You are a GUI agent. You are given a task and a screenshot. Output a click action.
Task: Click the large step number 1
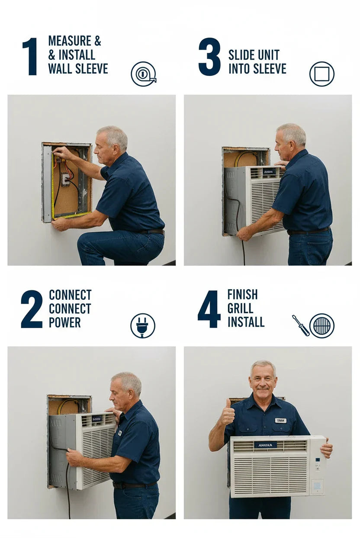(x=30, y=57)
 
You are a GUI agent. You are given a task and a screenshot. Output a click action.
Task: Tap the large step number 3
(x=209, y=57)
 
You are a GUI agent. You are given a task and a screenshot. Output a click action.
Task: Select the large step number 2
(x=32, y=309)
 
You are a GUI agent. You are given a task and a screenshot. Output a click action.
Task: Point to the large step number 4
(x=209, y=309)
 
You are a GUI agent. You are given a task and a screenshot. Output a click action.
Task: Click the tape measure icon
(x=143, y=74)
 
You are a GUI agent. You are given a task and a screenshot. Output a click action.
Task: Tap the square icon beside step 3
(x=321, y=74)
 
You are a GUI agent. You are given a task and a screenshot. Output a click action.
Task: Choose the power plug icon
(x=142, y=325)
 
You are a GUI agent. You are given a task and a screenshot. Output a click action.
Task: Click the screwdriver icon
(x=300, y=325)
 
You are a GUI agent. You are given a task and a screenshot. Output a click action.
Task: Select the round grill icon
(x=322, y=325)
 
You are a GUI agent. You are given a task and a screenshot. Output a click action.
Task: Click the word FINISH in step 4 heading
(x=242, y=295)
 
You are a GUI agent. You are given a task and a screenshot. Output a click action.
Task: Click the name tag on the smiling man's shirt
(x=280, y=420)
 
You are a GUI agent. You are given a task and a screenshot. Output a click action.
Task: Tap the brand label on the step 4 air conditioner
(x=265, y=444)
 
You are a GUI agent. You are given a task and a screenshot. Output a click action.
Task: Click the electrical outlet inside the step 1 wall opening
(x=65, y=179)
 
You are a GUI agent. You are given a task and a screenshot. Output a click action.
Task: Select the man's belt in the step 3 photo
(x=308, y=231)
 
